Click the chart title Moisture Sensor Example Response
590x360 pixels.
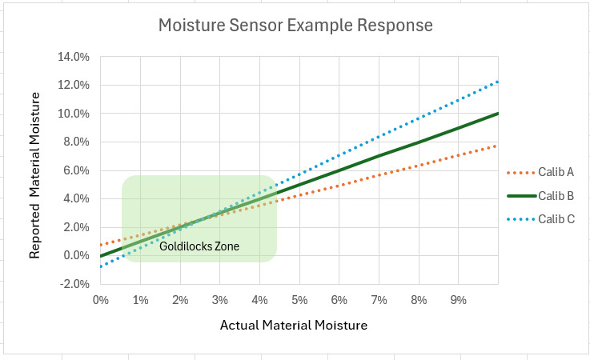pyautogui.click(x=295, y=26)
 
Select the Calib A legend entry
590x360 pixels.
pyautogui.click(x=555, y=172)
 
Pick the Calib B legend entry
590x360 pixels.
pyautogui.click(x=555, y=195)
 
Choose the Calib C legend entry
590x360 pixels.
pyautogui.click(x=555, y=218)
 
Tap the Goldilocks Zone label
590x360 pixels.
pyautogui.click(x=199, y=246)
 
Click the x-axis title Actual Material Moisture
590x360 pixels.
pyautogui.click(x=293, y=325)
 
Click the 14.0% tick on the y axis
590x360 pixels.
pyautogui.click(x=73, y=57)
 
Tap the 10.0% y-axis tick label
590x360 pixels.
pyautogui.click(x=73, y=114)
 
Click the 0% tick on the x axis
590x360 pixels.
pyautogui.click(x=101, y=299)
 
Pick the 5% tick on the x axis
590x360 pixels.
pyautogui.click(x=299, y=299)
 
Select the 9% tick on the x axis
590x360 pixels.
pyautogui.click(x=459, y=299)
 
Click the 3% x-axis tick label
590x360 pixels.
pyautogui.click(x=220, y=299)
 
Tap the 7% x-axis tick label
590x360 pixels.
pyautogui.click(x=379, y=299)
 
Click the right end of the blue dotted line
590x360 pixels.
pyautogui.click(x=498, y=82)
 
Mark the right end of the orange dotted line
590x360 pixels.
pyautogui.click(x=498, y=146)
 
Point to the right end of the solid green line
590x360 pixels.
pyautogui.click(x=498, y=114)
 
